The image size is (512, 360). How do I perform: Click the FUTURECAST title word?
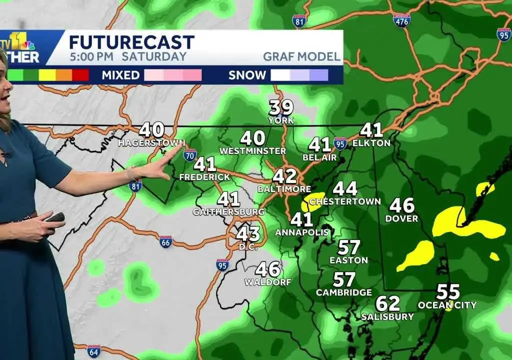[x=131, y=42]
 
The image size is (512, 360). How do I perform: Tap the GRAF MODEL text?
[x=302, y=56]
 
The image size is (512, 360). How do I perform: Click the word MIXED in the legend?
[x=120, y=75]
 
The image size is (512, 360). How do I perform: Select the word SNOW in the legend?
[x=247, y=75]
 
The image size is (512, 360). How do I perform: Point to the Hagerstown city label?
[x=151, y=143]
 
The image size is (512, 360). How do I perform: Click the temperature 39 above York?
[x=281, y=107]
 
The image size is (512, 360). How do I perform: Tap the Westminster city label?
[x=252, y=150]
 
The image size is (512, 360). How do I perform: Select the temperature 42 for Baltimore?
[x=284, y=176]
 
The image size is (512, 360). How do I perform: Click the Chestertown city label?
[x=345, y=201]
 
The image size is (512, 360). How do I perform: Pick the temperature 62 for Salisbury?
[x=388, y=303]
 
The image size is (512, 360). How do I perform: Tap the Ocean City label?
[x=447, y=305]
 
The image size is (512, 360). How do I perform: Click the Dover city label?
[x=401, y=218]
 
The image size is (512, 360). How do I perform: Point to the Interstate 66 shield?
[x=166, y=242]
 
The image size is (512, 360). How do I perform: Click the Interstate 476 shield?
[x=401, y=20]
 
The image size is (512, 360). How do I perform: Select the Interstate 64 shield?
[x=93, y=350]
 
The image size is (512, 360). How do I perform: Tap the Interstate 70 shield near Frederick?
[x=189, y=154]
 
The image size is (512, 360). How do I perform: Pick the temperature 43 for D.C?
[x=248, y=233]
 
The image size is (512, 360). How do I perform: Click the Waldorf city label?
[x=267, y=282]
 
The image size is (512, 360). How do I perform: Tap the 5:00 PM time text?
[x=91, y=56]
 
